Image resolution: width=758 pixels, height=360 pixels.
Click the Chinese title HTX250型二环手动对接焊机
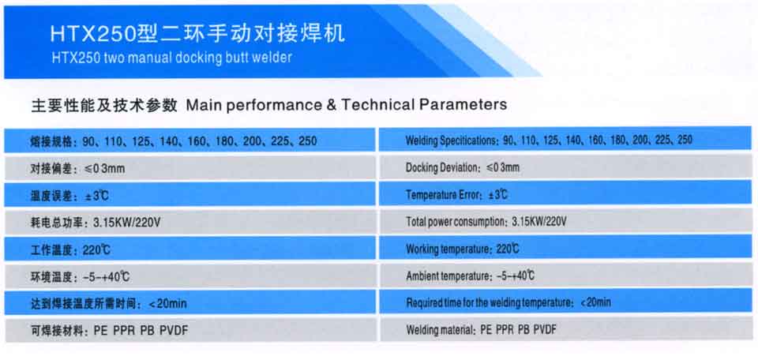[x=197, y=34]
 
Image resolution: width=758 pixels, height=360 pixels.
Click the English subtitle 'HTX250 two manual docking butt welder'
[x=171, y=58]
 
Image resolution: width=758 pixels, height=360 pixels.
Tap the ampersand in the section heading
[x=331, y=104]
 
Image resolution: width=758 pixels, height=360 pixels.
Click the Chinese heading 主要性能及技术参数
[x=104, y=105]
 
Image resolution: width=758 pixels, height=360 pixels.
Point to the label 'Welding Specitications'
[x=451, y=141]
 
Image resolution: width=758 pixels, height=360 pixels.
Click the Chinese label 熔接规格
[x=52, y=141]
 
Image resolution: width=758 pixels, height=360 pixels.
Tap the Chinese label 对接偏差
[x=52, y=169]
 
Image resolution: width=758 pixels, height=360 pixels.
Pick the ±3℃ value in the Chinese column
[x=93, y=196]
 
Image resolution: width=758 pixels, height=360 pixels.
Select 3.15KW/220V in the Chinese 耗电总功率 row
[x=127, y=223]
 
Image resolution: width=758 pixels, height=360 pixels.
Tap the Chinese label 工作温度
[x=52, y=250]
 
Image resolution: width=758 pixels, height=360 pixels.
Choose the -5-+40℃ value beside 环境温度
[x=106, y=277]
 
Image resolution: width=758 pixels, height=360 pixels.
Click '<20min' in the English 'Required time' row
[x=595, y=302]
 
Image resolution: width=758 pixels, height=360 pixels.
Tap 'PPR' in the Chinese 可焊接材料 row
[x=124, y=331]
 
